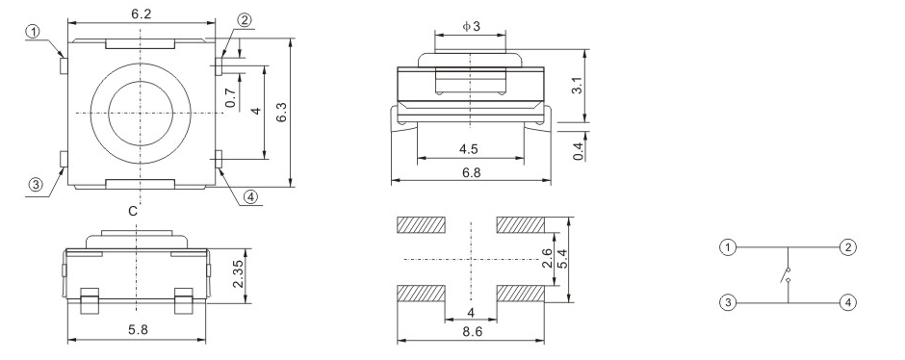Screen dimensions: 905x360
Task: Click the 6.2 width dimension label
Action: [141, 14]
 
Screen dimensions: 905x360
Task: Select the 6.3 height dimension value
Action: [282, 112]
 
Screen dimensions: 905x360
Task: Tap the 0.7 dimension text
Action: [231, 97]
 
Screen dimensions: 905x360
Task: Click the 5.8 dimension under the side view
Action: [138, 329]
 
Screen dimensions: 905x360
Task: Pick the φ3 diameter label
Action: [471, 26]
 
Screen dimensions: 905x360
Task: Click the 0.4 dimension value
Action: [579, 151]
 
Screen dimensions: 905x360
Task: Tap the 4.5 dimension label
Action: [469, 149]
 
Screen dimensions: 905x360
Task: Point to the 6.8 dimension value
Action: [471, 172]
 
